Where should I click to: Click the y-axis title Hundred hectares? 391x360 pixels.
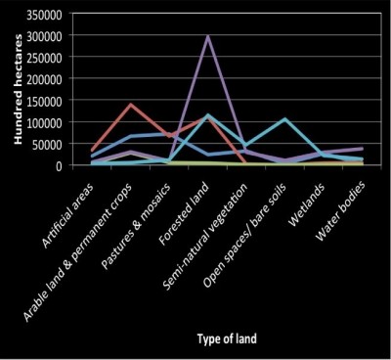[x=16, y=93]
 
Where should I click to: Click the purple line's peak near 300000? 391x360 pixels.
[x=206, y=36]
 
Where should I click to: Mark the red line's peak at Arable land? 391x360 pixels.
[x=131, y=105]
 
